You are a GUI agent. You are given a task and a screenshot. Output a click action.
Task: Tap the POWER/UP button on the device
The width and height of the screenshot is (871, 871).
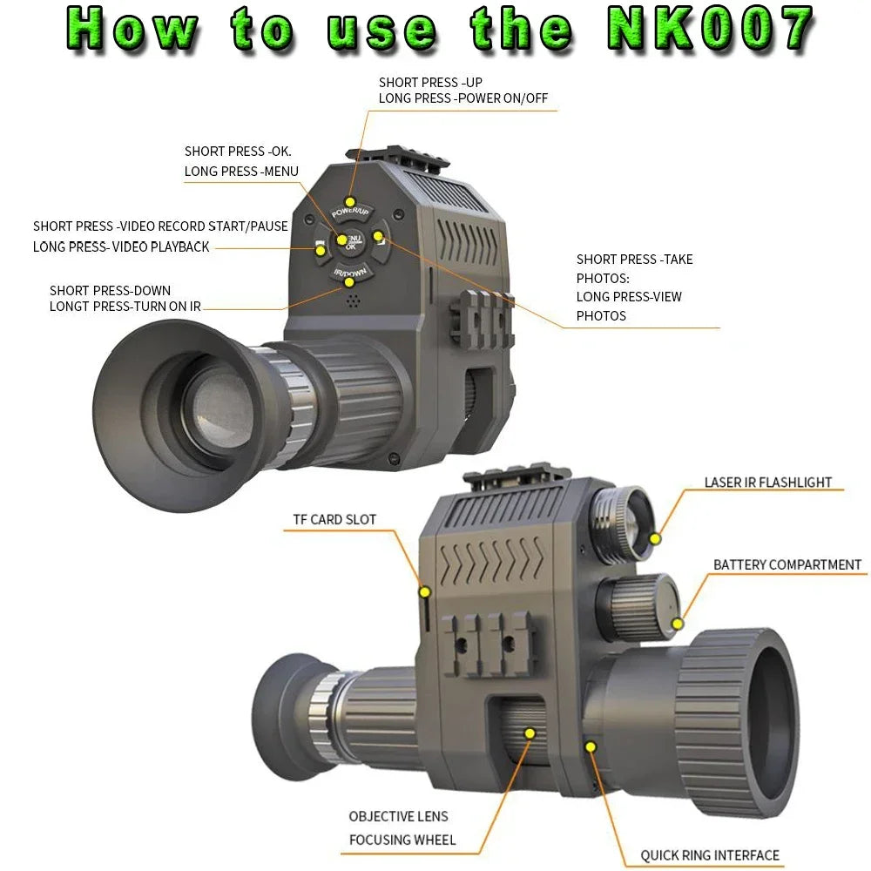(x=350, y=207)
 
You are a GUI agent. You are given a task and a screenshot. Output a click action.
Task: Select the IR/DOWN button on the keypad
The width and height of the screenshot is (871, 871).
(x=349, y=277)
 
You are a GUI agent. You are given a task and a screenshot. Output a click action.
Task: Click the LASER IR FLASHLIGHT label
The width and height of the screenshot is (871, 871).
(x=767, y=483)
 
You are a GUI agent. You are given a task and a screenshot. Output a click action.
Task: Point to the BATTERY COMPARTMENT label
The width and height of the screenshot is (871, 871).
(x=787, y=565)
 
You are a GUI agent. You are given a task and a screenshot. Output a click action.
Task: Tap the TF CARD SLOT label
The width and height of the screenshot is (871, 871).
(x=334, y=520)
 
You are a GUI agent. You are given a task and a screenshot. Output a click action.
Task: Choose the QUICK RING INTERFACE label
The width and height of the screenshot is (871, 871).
(x=710, y=855)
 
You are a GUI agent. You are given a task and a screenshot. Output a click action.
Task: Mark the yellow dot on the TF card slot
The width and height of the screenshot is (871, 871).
(x=425, y=592)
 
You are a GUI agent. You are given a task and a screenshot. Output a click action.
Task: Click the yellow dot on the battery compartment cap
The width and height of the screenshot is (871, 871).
(x=678, y=622)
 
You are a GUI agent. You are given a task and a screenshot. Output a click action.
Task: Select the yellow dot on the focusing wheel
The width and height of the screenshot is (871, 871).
(x=529, y=733)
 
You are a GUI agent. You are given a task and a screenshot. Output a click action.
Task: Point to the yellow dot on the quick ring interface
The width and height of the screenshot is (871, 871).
(x=591, y=746)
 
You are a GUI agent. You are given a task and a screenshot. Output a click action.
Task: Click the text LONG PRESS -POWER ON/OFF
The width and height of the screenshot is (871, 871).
(x=463, y=98)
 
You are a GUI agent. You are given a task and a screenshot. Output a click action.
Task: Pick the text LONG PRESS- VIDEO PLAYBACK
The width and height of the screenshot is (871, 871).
(x=121, y=247)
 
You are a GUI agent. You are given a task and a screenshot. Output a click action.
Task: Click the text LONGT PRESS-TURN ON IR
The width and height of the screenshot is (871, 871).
(x=125, y=307)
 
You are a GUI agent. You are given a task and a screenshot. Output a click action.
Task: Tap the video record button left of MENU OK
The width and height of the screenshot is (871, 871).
(x=320, y=251)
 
